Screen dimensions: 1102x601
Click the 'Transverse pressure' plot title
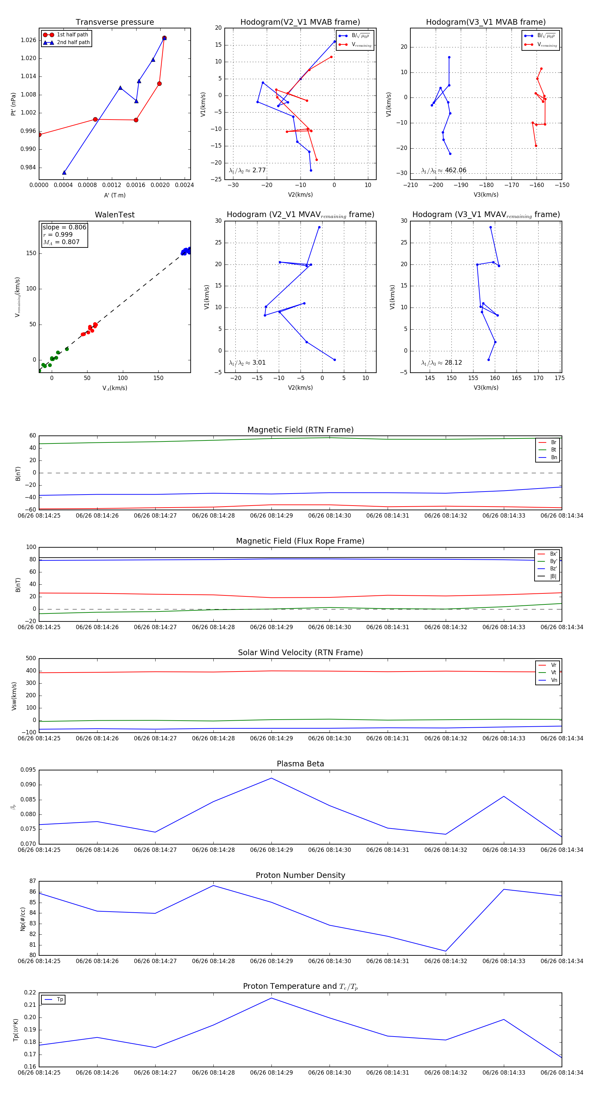tap(115, 22)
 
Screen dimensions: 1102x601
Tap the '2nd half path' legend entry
tap(73, 42)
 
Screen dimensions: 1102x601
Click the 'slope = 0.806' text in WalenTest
tap(64, 227)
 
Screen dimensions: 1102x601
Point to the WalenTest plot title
tap(115, 215)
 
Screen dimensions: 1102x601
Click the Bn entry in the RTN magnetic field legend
tap(554, 457)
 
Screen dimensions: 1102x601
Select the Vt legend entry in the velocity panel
tap(554, 673)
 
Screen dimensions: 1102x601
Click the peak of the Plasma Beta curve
tap(271, 778)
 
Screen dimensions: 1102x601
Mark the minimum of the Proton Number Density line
tap(446, 951)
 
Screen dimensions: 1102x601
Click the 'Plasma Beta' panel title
tap(300, 764)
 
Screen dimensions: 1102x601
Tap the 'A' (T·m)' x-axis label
tap(115, 195)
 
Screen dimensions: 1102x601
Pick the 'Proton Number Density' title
tap(300, 875)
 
